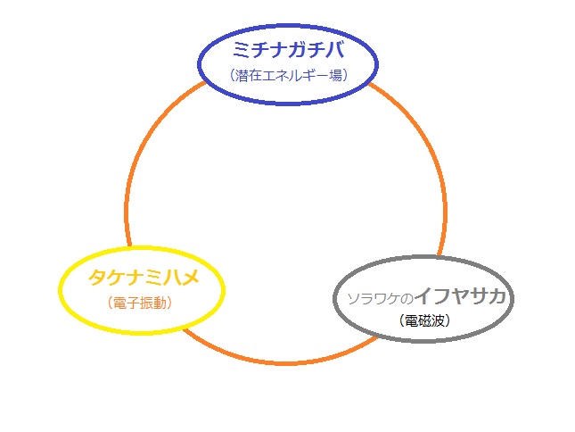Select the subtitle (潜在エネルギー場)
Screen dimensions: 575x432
pyautogui.click(x=288, y=76)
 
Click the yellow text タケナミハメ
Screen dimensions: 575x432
pyautogui.click(x=142, y=278)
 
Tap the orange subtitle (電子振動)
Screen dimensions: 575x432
pyautogui.click(x=140, y=303)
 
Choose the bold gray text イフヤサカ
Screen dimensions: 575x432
pyautogui.click(x=463, y=295)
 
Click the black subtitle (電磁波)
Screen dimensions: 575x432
pyautogui.click(x=423, y=320)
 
